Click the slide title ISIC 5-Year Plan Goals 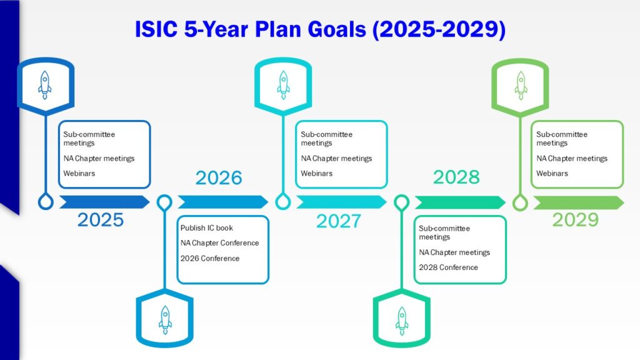point(320,29)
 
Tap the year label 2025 point(101,219)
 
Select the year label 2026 point(219,177)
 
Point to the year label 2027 point(338,221)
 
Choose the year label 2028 point(456,177)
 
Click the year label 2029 point(576,219)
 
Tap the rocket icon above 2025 point(45,85)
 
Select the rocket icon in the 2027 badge point(283,85)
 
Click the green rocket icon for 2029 point(521,85)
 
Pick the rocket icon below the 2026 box point(165,320)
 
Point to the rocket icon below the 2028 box point(402,321)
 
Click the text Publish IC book point(206,227)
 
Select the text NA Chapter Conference point(219,243)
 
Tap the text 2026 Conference point(210,258)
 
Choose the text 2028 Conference point(448,267)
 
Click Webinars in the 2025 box point(79,174)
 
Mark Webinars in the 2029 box point(552,174)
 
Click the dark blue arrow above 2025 point(104,202)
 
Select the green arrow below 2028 point(461,202)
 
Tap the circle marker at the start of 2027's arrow point(283,202)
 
